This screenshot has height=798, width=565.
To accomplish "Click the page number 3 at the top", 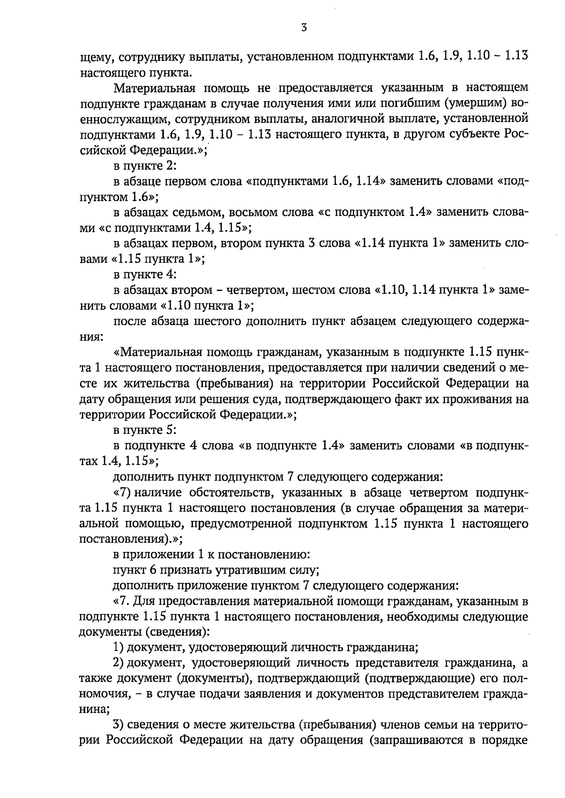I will pyautogui.click(x=304, y=28).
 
